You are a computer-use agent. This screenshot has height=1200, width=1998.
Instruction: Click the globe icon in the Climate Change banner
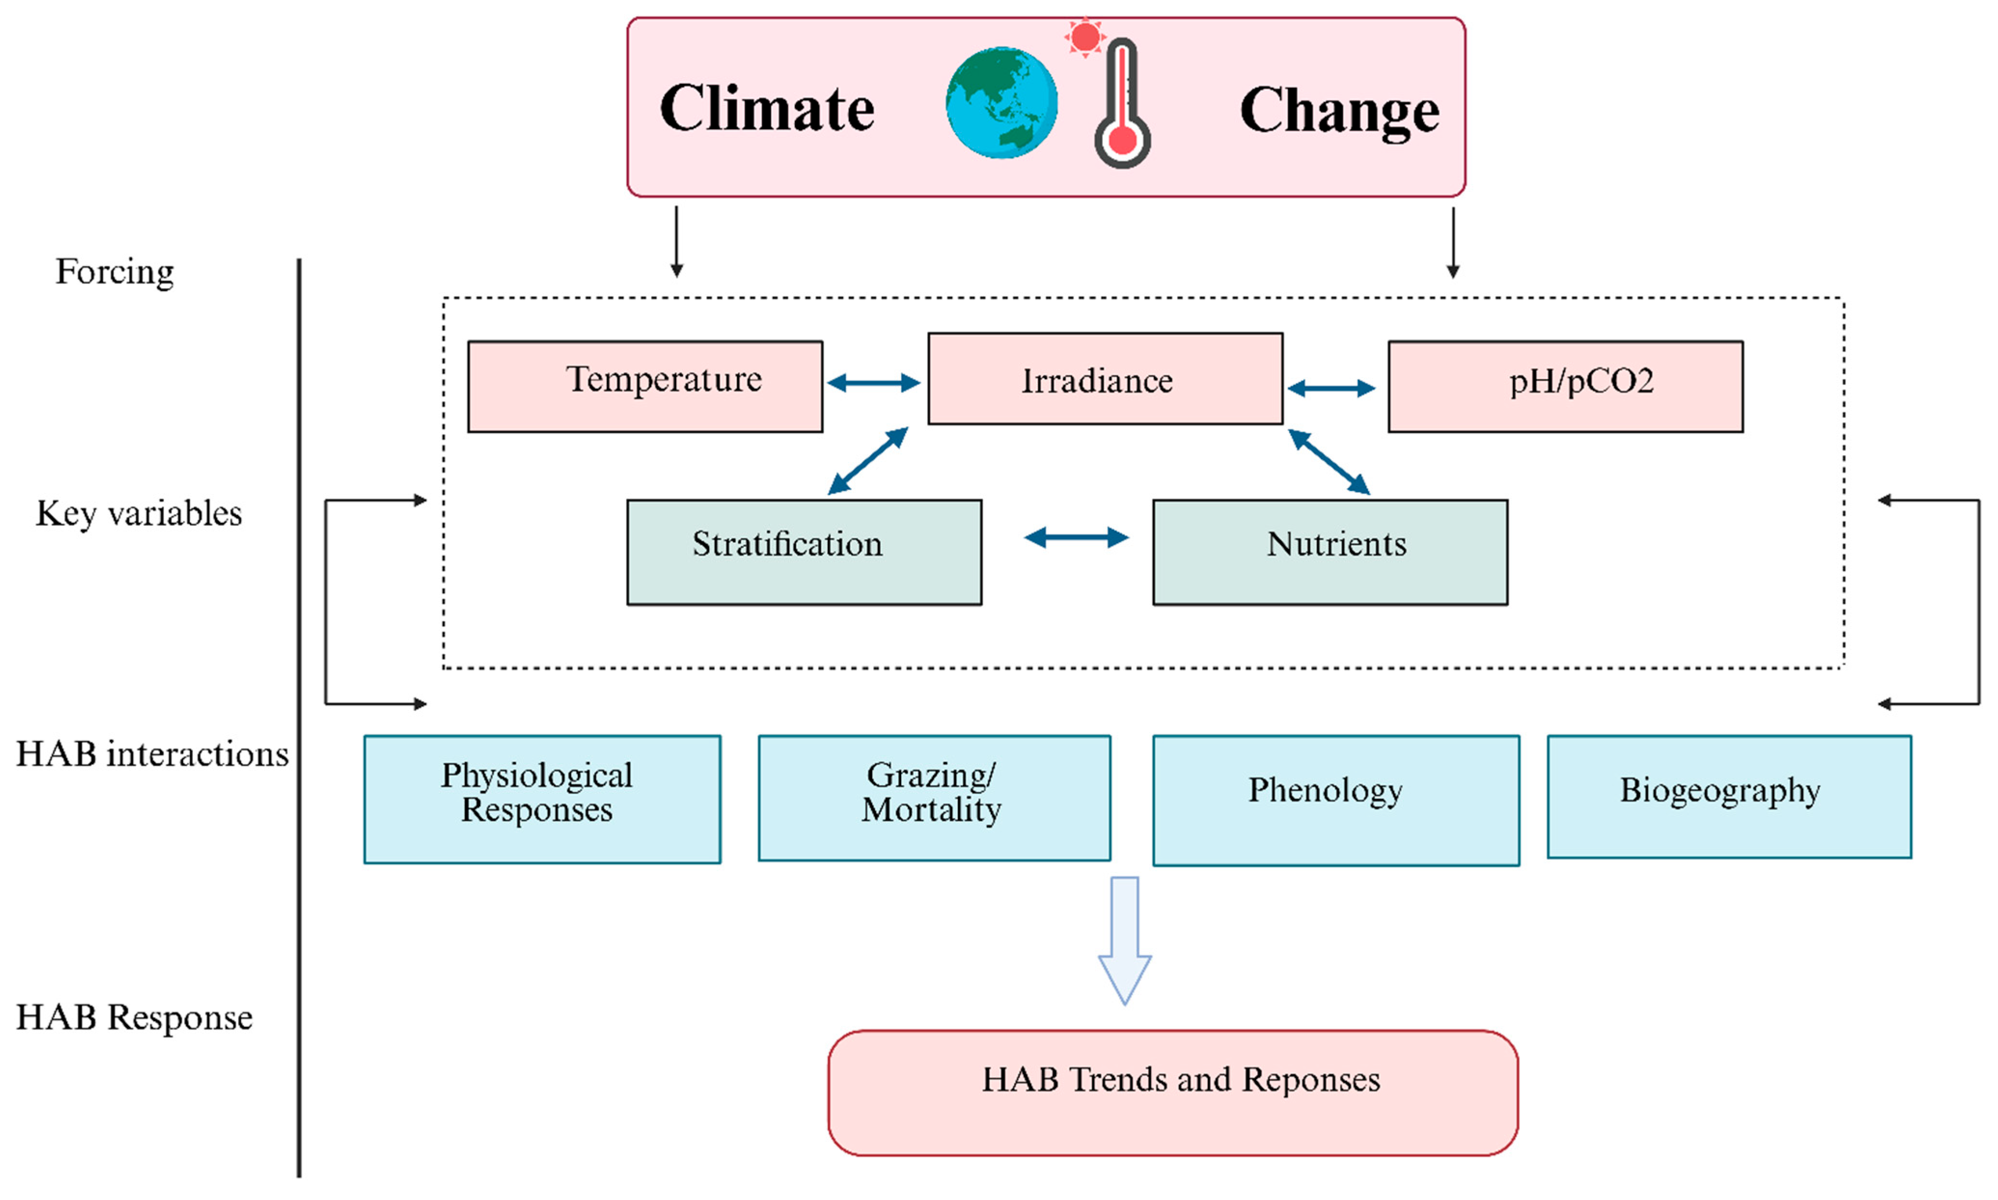point(1001,103)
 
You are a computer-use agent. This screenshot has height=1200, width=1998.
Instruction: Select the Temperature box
point(645,386)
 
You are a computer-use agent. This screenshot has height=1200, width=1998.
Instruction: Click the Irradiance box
point(1105,379)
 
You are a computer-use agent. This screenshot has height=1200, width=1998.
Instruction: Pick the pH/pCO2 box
point(1565,386)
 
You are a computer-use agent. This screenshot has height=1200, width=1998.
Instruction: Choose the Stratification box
point(804,551)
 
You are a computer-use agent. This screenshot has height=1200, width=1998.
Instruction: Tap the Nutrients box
point(1329,551)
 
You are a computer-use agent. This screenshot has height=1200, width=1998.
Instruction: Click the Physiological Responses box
point(542,799)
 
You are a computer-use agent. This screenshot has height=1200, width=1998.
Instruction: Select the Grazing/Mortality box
point(934,797)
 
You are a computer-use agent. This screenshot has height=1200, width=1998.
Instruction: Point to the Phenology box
point(1335,800)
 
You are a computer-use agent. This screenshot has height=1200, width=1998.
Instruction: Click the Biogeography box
point(1729,796)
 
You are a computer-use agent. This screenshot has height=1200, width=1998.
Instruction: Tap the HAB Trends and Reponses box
point(1173,1091)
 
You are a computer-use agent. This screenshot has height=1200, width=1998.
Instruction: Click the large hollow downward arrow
point(1124,938)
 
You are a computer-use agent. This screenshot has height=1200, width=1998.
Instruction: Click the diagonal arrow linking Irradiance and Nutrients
point(1328,462)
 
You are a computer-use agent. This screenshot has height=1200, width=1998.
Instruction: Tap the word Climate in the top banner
point(766,109)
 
